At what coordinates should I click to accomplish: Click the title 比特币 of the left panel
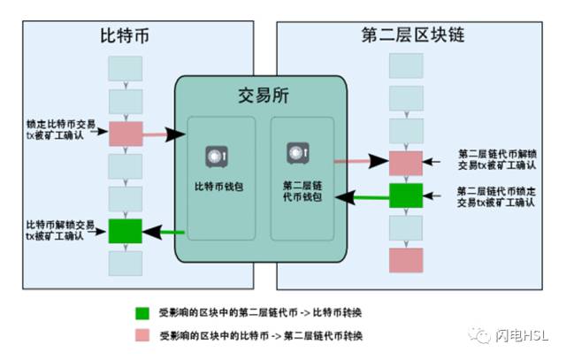(x=125, y=35)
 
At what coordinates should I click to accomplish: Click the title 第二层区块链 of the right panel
(x=413, y=34)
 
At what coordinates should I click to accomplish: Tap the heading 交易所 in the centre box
(x=264, y=96)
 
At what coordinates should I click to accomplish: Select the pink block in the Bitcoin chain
(x=126, y=134)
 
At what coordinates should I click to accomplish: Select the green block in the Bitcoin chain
(x=126, y=231)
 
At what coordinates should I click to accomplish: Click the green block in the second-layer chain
(x=406, y=195)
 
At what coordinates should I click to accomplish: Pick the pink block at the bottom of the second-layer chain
(x=406, y=260)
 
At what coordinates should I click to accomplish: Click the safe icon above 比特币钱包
(x=217, y=157)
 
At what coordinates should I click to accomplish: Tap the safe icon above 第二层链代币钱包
(x=298, y=153)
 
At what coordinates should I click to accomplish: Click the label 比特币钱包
(x=218, y=187)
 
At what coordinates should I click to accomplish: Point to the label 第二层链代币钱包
(x=302, y=191)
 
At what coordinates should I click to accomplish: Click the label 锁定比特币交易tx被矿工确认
(x=61, y=130)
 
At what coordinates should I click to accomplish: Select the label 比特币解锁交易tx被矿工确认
(x=60, y=230)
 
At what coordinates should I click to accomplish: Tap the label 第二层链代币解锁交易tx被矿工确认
(x=497, y=159)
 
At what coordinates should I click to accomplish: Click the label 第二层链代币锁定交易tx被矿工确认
(x=496, y=196)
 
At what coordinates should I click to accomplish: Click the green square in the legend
(x=142, y=313)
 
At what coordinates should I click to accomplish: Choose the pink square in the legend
(x=142, y=335)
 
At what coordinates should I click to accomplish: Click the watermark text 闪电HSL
(x=522, y=336)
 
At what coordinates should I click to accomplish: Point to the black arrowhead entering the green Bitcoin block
(x=152, y=232)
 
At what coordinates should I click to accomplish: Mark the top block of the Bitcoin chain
(x=126, y=68)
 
